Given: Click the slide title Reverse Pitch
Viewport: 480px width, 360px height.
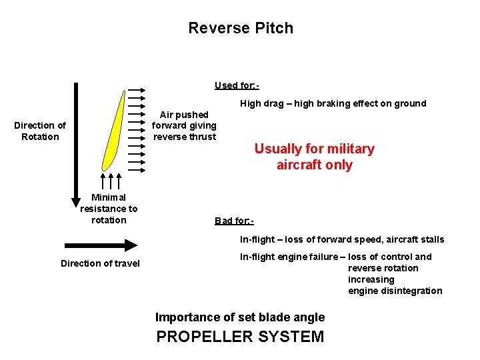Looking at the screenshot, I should tap(240, 28).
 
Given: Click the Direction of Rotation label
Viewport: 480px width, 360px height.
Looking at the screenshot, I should tap(40, 131).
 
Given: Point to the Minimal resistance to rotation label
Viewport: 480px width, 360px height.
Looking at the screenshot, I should tap(109, 209).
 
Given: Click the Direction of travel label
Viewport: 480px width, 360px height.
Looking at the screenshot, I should tap(100, 263).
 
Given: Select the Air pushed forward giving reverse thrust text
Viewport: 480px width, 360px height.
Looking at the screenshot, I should tap(184, 126).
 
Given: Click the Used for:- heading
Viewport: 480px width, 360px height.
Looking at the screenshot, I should tap(237, 85).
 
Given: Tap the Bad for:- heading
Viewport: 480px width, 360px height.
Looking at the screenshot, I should tap(234, 221).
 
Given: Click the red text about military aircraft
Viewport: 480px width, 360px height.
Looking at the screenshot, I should tap(314, 157).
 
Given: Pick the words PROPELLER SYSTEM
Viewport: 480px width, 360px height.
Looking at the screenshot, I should tap(240, 337).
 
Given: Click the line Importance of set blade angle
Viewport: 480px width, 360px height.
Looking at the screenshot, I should tap(240, 317).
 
